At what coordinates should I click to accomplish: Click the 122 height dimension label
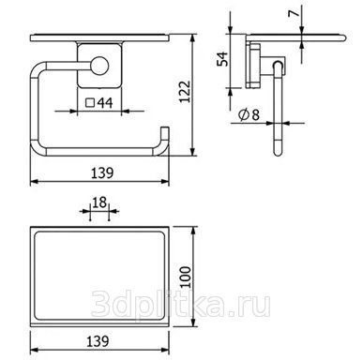[x=185, y=92]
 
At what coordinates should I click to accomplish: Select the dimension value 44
[x=105, y=103]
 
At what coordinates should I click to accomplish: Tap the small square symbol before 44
[x=90, y=103]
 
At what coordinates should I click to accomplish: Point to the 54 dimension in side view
[x=222, y=59]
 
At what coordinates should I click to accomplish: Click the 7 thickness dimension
[x=295, y=13]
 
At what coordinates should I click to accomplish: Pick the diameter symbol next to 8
[x=243, y=114]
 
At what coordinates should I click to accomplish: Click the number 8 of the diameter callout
[x=256, y=115]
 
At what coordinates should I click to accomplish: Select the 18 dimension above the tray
[x=99, y=202]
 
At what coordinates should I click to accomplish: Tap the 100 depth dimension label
[x=186, y=277]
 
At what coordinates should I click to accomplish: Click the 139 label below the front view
[x=102, y=172]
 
